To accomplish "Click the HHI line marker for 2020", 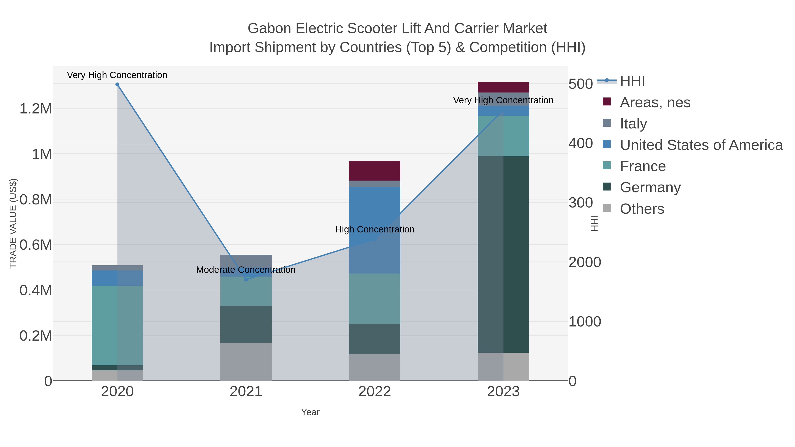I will click(117, 85).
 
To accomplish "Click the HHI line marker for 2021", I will click(246, 279).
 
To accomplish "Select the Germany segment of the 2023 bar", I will click(503, 254).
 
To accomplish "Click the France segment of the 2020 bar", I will click(117, 325).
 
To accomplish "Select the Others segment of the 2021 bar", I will click(246, 362).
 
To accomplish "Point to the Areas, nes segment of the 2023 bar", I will click(503, 87).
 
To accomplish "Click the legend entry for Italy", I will click(633, 124).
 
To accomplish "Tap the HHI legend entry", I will click(632, 81).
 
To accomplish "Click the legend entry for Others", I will click(642, 209).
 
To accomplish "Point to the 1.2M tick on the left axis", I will click(36, 109).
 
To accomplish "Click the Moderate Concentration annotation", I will click(246, 270).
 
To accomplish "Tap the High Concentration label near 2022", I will click(375, 230).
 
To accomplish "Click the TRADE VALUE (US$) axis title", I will click(13, 223).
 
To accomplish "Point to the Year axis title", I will click(310, 412).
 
